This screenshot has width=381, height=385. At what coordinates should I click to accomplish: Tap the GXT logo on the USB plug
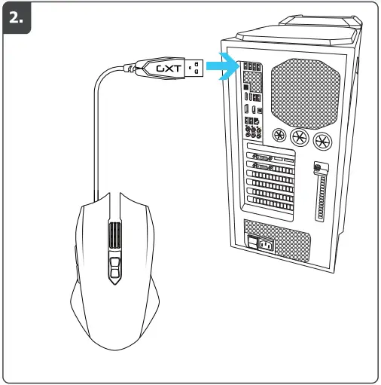pyautogui.click(x=167, y=68)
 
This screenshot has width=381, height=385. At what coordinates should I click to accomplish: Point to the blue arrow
pyautogui.click(x=222, y=67)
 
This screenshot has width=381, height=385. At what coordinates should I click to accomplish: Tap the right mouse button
pyautogui.click(x=136, y=226)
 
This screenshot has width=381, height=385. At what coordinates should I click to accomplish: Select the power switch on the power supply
pyautogui.click(x=253, y=242)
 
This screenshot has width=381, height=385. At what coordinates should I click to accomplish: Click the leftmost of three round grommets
pyautogui.click(x=281, y=136)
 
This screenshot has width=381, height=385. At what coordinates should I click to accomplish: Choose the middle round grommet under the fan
pyautogui.click(x=301, y=139)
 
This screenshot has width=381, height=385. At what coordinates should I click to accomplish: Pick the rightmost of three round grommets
pyautogui.click(x=322, y=141)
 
